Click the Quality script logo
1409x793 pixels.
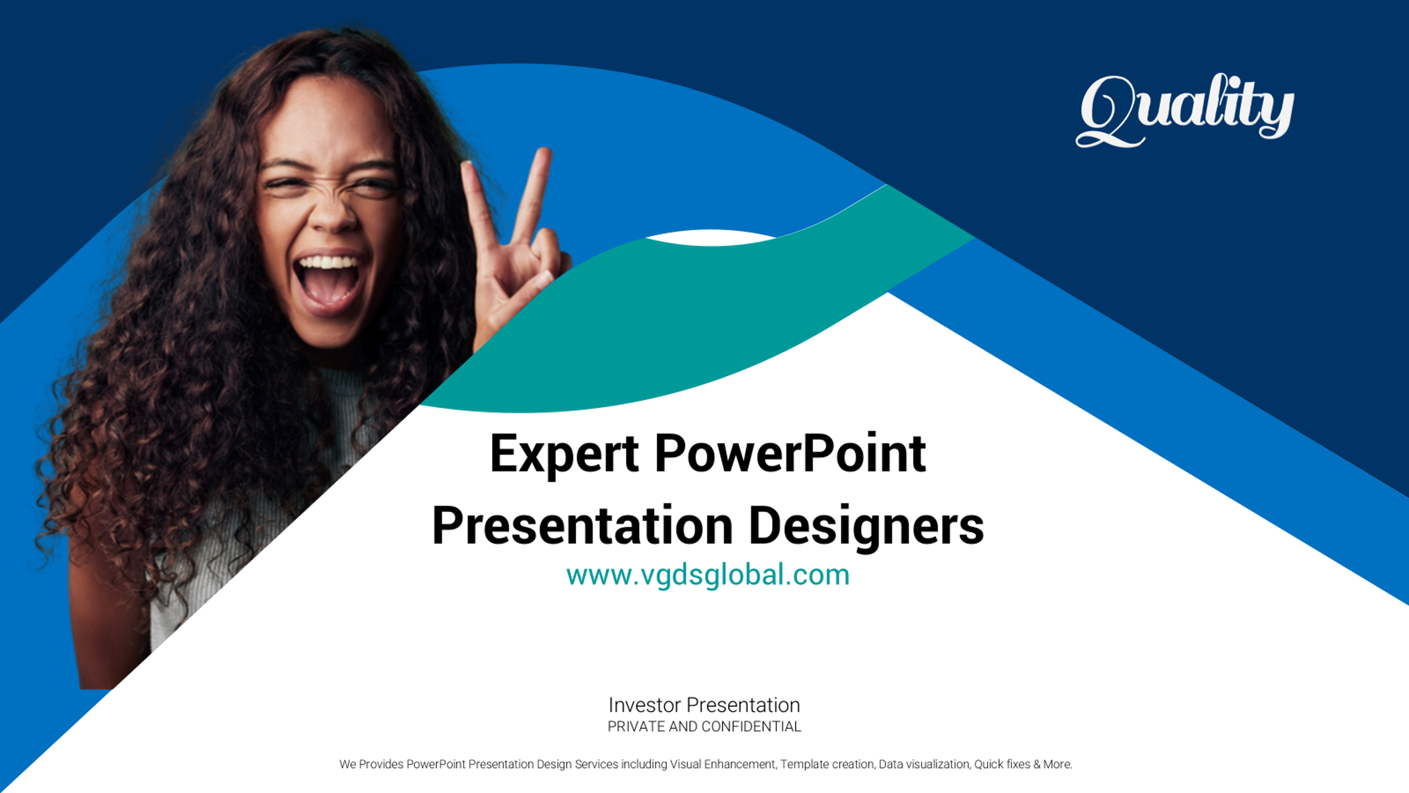pyautogui.click(x=1185, y=111)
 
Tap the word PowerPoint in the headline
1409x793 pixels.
pyautogui.click(x=790, y=454)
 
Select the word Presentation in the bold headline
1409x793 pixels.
pyautogui.click(x=583, y=526)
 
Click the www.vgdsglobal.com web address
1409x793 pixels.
pyautogui.click(x=708, y=575)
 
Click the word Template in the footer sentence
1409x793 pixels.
pyautogui.click(x=804, y=764)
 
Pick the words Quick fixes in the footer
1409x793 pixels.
pyautogui.click(x=1002, y=764)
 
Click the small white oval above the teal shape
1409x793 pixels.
pyautogui.click(x=709, y=238)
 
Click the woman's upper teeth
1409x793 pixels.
pyautogui.click(x=329, y=262)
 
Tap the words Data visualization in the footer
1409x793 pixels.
pyautogui.click(x=924, y=764)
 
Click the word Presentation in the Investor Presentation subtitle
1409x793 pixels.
pyautogui.click(x=743, y=705)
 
